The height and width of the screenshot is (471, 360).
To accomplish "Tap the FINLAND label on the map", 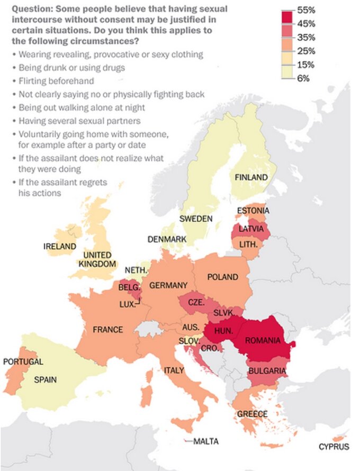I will pos(251,178).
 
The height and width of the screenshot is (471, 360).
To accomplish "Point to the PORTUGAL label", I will pos(23,362).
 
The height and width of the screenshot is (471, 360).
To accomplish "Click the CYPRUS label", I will pos(334,447).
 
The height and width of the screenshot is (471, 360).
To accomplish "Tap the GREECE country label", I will pos(252,414).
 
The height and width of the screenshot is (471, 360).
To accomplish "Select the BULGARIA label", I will pos(267,371).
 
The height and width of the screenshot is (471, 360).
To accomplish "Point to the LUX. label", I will pos(128,304).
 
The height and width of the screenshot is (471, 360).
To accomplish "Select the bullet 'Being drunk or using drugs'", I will pos(64,68).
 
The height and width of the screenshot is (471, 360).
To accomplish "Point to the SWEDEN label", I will pos(195,219).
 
